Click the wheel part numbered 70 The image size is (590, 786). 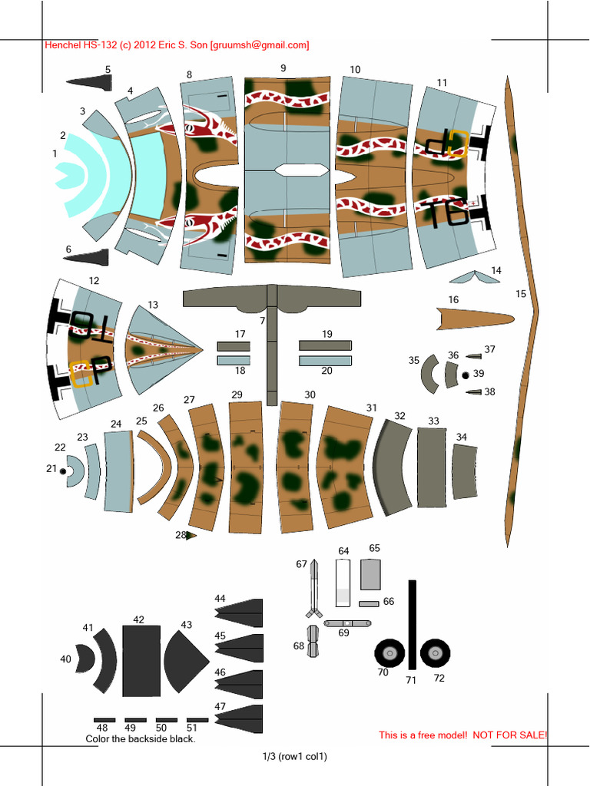(389, 653)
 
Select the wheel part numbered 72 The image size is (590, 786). (436, 653)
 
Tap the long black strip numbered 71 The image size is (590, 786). (412, 623)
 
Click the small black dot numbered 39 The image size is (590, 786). (466, 375)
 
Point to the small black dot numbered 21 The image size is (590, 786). (63, 471)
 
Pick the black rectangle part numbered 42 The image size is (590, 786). (141, 660)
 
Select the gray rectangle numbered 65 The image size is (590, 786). (370, 574)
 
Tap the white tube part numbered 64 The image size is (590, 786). (343, 583)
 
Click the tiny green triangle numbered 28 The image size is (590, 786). (191, 536)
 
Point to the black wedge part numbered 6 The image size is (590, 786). (86, 256)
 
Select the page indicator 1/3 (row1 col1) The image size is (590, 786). (295, 757)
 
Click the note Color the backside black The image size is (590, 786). (140, 739)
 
